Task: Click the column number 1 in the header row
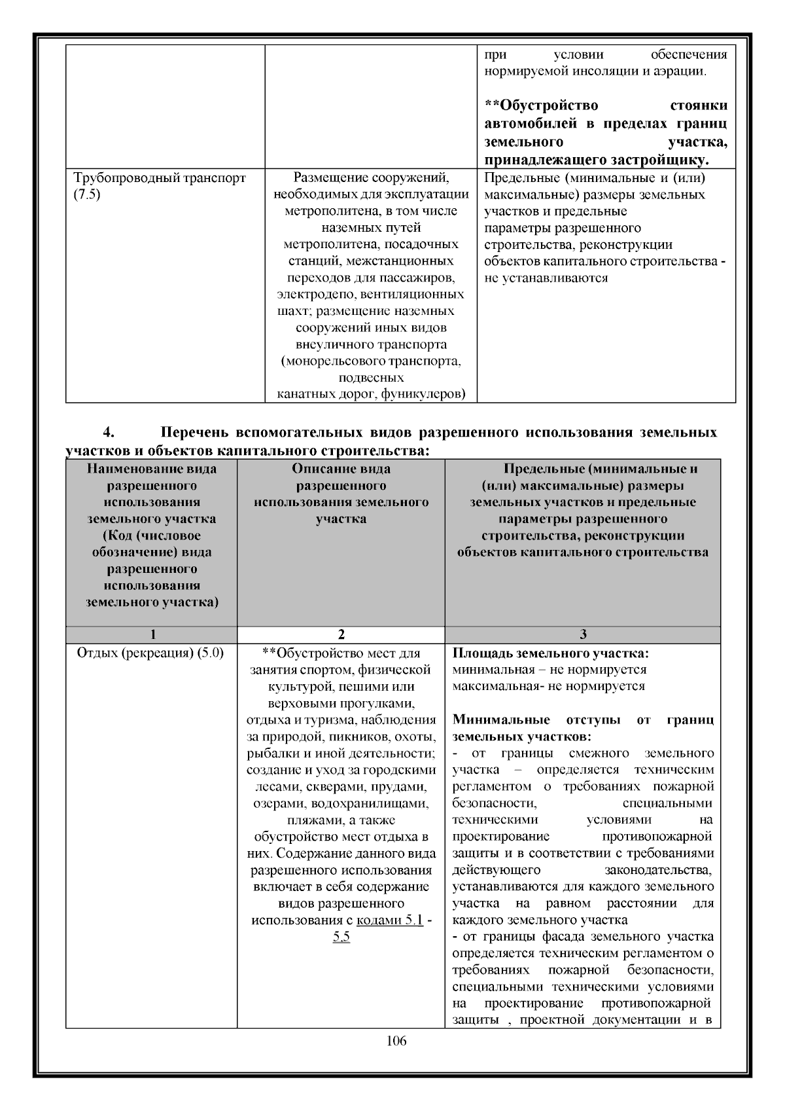point(152,634)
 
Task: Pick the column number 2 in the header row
point(341,634)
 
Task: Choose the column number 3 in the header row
point(583,634)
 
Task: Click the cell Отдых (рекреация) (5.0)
point(150,653)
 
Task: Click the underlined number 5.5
point(341,937)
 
